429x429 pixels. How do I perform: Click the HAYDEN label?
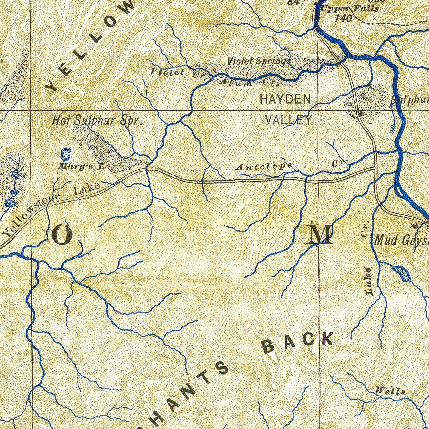coord(285,100)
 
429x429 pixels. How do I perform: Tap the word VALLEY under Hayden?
coord(288,120)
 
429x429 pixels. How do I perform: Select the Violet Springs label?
coord(259,61)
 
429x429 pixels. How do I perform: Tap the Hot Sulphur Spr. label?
coord(97,120)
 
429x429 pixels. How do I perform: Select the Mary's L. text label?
coord(81,166)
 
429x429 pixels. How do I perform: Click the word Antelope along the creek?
coord(264,166)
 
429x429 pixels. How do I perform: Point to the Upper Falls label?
coord(349,9)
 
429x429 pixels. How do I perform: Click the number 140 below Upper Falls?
coord(343,18)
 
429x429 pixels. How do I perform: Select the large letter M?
coord(319,235)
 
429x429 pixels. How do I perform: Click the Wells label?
coord(390,390)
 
